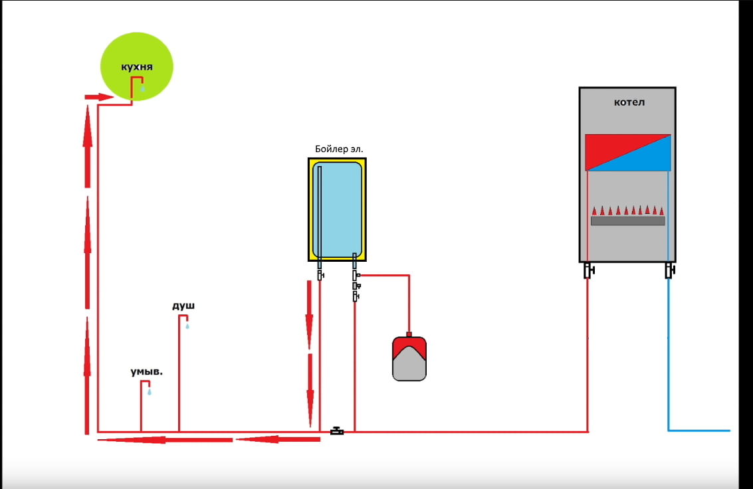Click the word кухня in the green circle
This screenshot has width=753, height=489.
(137, 67)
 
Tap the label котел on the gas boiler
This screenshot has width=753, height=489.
(629, 102)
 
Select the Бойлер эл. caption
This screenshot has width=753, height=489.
(339, 149)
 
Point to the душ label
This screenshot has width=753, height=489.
(183, 306)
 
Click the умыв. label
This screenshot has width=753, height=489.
(147, 371)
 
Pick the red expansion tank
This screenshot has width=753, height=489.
(409, 359)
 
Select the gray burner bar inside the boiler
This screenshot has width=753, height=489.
(628, 221)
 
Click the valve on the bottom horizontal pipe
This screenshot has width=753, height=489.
(338, 431)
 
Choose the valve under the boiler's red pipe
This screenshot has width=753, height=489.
(589, 270)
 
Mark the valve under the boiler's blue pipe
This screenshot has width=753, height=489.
(670, 270)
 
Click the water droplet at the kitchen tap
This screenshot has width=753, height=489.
(142, 88)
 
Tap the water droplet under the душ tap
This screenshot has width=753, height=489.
(187, 326)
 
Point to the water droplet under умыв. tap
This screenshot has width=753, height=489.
(150, 392)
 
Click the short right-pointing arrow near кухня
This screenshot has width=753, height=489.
(98, 97)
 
